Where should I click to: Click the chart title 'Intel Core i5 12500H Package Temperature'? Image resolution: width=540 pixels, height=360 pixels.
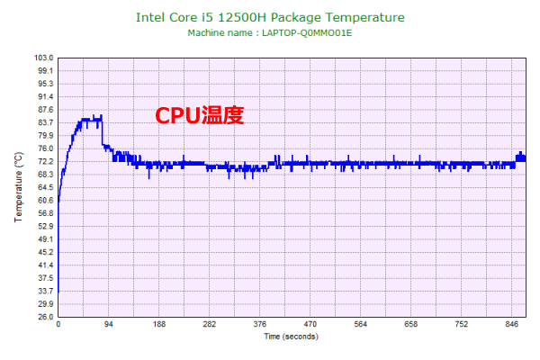270,17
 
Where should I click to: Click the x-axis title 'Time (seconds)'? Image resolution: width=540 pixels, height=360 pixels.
290,337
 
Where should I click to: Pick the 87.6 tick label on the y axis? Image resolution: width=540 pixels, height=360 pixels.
44,110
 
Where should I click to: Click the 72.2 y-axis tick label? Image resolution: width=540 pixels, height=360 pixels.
44,162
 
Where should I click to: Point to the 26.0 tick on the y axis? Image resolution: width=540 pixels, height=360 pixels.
44,317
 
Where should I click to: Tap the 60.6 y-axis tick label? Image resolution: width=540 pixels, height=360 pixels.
44,201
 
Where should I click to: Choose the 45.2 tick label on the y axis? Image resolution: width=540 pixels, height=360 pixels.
44,253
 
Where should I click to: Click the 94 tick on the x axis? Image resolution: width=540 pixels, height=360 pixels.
109,325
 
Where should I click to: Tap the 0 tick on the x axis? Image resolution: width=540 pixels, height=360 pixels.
58,325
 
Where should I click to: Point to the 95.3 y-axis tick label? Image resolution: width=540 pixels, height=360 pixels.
44,84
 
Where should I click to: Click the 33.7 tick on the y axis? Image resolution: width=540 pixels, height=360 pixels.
44,292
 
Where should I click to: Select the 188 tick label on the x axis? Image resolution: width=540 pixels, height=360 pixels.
159,325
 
